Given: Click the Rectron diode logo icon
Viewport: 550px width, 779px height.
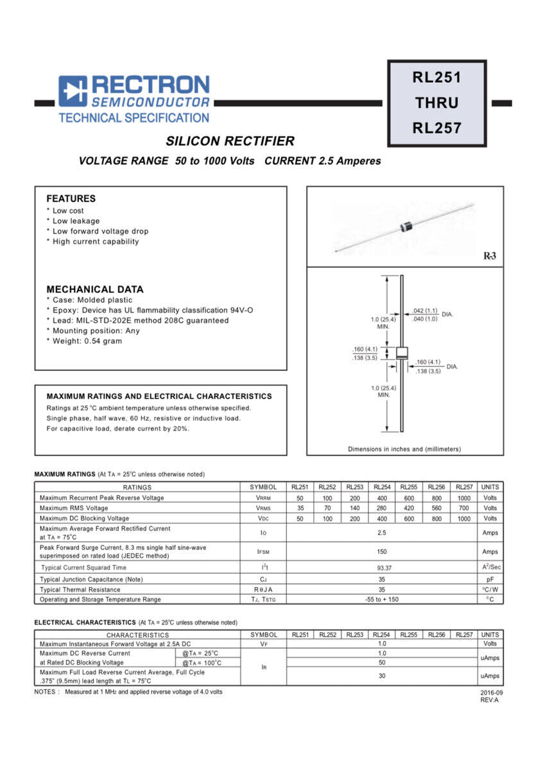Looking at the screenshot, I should click(x=73, y=91).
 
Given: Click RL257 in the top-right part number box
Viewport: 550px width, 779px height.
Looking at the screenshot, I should click(x=436, y=128).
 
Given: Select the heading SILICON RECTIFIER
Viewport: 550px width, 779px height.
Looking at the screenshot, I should click(x=230, y=141).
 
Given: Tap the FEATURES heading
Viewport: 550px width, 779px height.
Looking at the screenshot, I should click(x=71, y=199).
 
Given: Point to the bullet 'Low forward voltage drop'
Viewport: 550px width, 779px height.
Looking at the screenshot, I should click(x=100, y=231).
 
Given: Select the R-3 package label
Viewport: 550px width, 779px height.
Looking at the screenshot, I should click(x=489, y=256).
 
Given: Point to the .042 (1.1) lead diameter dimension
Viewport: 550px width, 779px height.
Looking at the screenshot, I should click(x=425, y=311).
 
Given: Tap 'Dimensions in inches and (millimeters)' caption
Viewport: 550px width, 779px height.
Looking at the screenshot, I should click(x=404, y=449).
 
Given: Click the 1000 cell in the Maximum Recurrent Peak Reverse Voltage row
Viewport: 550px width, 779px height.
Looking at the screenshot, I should click(x=463, y=498).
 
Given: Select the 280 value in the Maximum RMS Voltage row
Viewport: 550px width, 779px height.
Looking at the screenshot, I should click(x=381, y=508).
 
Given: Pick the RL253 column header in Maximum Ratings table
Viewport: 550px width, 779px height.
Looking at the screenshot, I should click(x=354, y=487).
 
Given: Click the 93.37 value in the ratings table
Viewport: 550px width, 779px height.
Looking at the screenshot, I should click(x=381, y=568).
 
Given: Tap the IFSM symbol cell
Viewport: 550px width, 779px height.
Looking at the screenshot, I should click(x=263, y=552).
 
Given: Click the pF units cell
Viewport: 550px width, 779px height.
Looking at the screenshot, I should click(x=490, y=579).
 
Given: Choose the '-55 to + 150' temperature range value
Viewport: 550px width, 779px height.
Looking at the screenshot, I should click(x=381, y=599).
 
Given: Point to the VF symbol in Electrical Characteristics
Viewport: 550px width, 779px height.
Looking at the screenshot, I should click(x=263, y=644).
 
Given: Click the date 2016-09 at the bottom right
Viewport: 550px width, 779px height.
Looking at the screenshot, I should click(x=491, y=693).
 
